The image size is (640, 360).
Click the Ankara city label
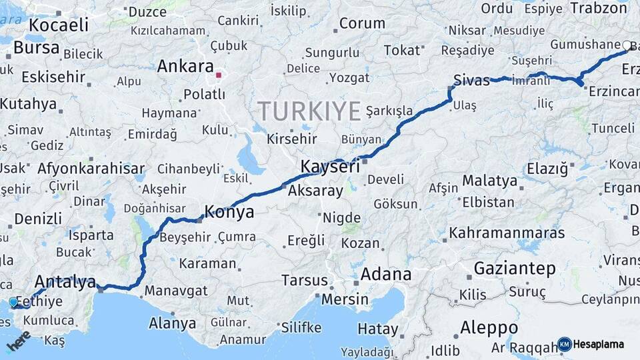pyautogui.click(x=185, y=67)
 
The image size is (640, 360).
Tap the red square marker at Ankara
pyautogui.click(x=218, y=75)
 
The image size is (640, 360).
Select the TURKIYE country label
pyautogui.click(x=309, y=111)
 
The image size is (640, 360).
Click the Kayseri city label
pyautogui.click(x=330, y=167)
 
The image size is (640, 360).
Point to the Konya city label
pyautogui.click(x=229, y=213)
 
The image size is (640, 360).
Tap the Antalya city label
pyautogui.click(x=65, y=281)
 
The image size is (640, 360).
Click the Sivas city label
pyautogui.click(x=471, y=80)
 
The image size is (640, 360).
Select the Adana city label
pyautogui.click(x=386, y=275)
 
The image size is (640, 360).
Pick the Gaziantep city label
pyautogui.click(x=515, y=269)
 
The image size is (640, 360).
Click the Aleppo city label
pyautogui.click(x=489, y=328)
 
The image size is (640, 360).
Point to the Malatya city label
pyautogui.click(x=489, y=181)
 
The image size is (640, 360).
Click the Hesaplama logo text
pyautogui.click(x=598, y=344)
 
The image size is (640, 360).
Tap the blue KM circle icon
pyautogui.click(x=564, y=344)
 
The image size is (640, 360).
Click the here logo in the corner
pyautogui.click(x=18, y=341)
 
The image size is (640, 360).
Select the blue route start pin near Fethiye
pyautogui.click(x=13, y=303)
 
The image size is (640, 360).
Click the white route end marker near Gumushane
pyautogui.click(x=626, y=46)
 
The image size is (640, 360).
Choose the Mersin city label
pyautogui.click(x=345, y=299)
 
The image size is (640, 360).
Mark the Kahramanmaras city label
pyautogui.click(x=507, y=233)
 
